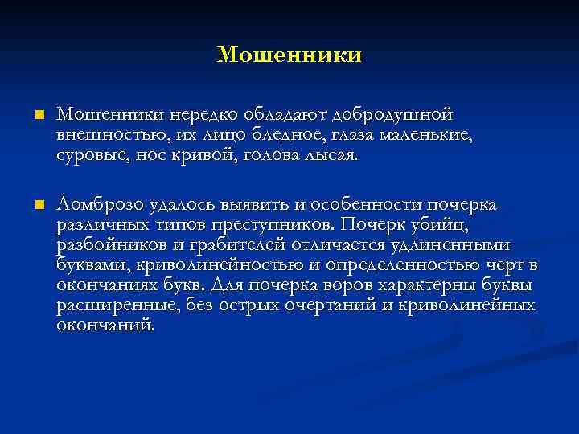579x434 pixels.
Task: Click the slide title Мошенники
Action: pyautogui.click(x=289, y=55)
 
